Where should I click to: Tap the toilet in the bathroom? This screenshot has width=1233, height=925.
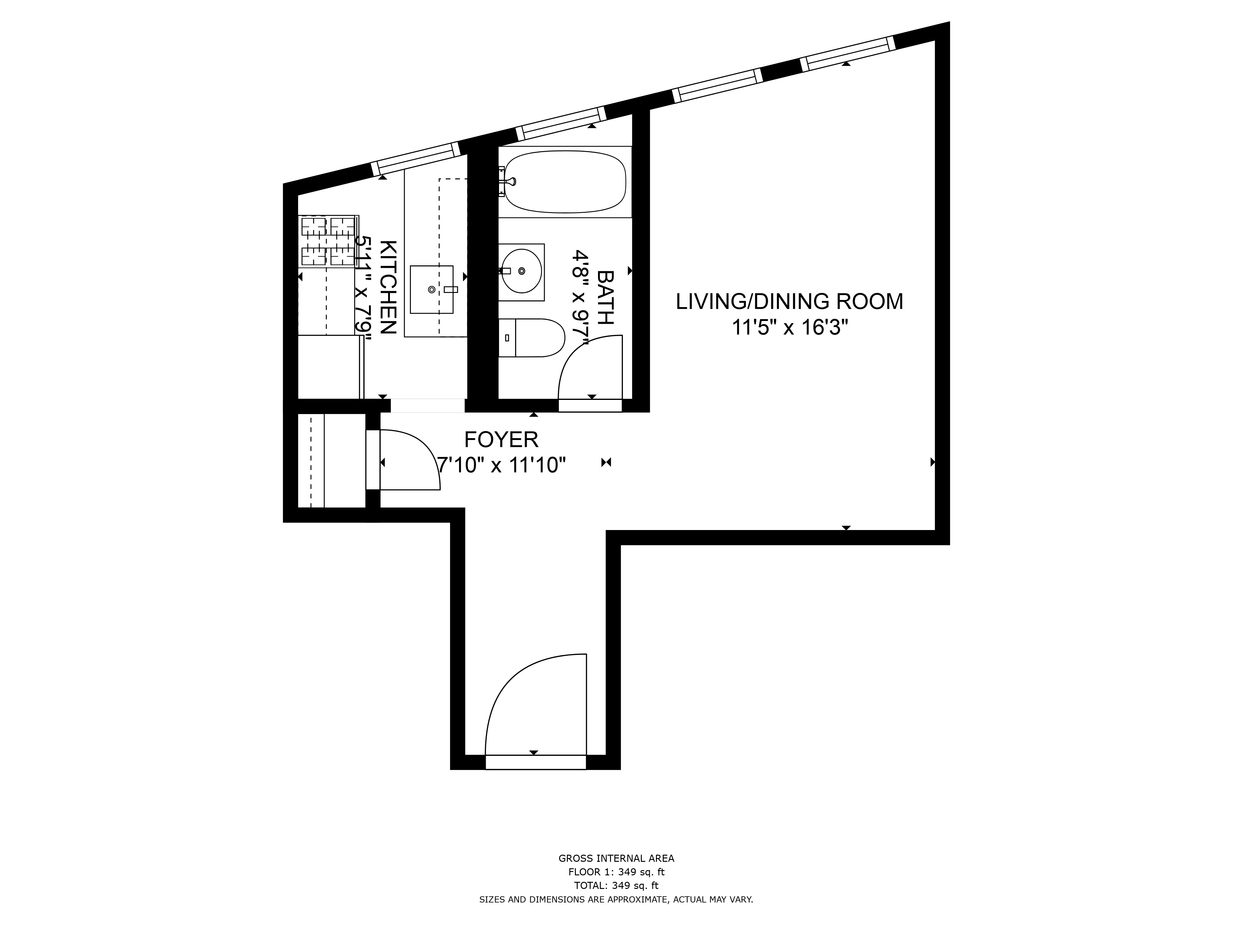tap(532, 338)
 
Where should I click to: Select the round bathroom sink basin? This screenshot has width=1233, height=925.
tap(521, 271)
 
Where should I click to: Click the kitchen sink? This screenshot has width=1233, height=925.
tap(432, 290)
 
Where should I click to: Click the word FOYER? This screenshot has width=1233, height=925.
tap(501, 440)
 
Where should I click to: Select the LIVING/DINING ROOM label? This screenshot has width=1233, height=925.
tap(789, 302)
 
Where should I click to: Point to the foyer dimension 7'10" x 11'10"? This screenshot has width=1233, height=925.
tap(501, 464)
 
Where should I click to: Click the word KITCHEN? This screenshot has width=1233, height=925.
tap(388, 287)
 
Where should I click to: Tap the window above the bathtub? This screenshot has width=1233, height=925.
tap(560, 123)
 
